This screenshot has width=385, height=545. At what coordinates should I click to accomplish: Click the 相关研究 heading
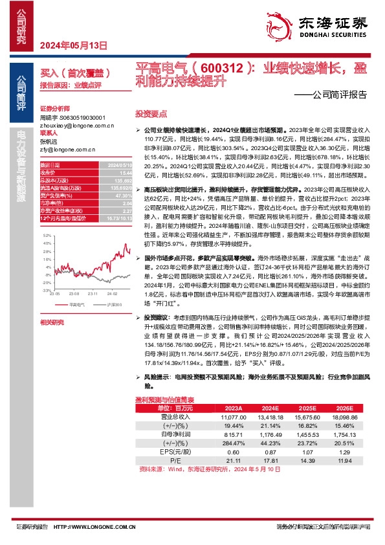pos(51,322)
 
